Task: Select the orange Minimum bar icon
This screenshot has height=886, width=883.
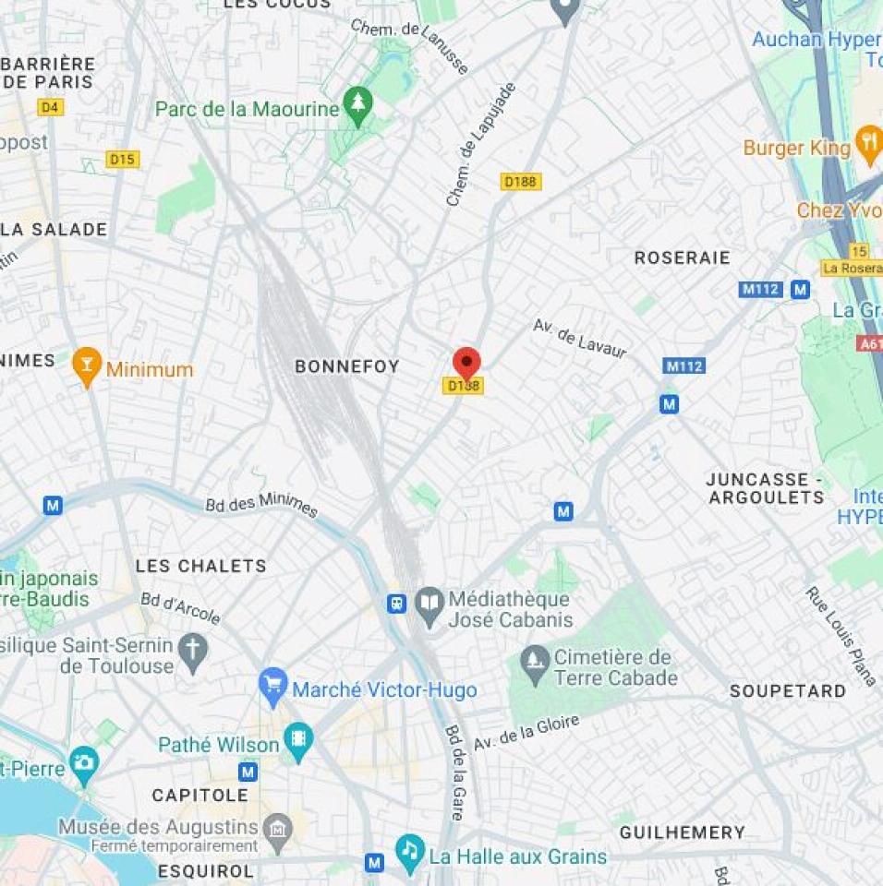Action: click(87, 365)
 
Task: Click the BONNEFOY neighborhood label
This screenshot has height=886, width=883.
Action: click(346, 366)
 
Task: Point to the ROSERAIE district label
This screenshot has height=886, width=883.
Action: click(682, 257)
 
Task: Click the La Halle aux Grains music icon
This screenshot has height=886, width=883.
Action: click(409, 851)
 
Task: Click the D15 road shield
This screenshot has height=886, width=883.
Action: click(122, 159)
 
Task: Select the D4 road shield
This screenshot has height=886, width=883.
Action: click(51, 107)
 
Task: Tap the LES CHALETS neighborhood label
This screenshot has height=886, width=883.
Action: click(200, 566)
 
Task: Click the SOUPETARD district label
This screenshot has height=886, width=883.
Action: click(787, 690)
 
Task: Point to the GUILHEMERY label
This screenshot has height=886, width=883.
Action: click(682, 832)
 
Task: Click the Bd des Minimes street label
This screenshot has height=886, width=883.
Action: click(261, 506)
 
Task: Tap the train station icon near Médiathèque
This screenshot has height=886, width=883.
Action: click(396, 604)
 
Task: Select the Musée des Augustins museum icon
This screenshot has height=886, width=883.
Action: click(277, 832)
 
